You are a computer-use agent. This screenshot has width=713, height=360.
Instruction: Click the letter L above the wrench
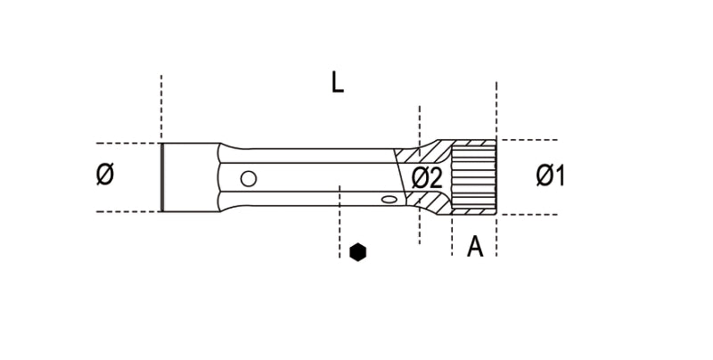coord(337,83)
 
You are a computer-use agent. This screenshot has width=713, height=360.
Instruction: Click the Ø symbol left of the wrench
coord(104,176)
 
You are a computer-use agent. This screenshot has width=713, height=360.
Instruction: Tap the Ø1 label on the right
coord(550,176)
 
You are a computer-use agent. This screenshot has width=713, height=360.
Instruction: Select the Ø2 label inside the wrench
coord(427,177)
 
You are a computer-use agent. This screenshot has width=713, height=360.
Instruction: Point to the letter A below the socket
coord(475,246)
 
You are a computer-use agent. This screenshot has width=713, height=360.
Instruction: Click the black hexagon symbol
coord(357,252)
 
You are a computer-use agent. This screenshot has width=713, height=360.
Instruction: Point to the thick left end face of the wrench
coord(162,176)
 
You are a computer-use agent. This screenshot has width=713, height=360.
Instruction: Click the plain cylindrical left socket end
coord(189,176)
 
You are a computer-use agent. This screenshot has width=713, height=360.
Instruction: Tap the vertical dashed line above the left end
coord(161,107)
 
